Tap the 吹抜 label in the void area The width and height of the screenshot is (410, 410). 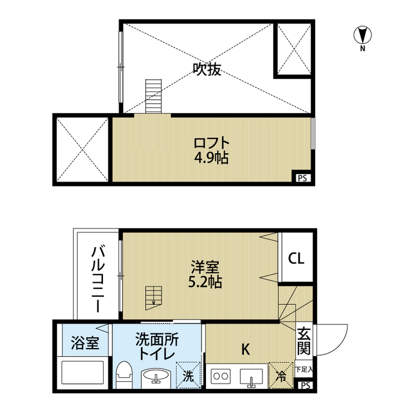[207, 69]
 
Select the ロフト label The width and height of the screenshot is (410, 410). [212, 143]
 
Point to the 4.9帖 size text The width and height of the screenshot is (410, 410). [211, 158]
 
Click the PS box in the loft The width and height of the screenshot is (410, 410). [303, 178]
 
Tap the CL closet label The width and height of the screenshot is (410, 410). [296, 258]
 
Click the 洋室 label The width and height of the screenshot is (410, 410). [205, 266]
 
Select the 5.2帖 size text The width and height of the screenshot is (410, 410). [205, 282]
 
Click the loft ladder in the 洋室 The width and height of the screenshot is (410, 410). [154, 298]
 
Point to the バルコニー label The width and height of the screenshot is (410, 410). [98, 278]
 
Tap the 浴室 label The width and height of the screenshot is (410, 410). [85, 343]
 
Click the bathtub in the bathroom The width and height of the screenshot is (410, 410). [83, 373]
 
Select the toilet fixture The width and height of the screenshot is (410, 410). [124, 375]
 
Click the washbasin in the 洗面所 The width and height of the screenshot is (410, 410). [156, 379]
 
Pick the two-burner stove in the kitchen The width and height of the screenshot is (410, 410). [221, 376]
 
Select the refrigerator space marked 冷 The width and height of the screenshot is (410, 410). [281, 375]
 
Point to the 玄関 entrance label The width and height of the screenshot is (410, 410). [304, 340]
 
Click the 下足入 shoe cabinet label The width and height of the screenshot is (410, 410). [304, 369]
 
